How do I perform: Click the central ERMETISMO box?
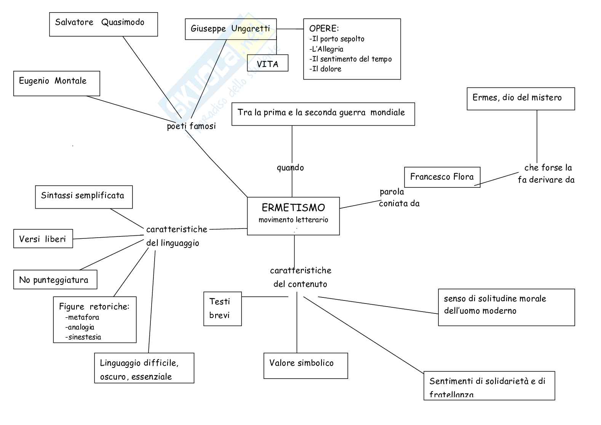tap(293, 216)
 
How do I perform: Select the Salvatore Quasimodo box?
tap(103, 24)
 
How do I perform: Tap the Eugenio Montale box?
tap(56, 83)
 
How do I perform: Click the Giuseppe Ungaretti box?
tap(230, 29)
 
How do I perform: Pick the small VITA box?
tap(267, 63)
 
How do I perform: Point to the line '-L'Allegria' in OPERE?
tap(326, 49)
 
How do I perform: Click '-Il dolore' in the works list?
tap(325, 69)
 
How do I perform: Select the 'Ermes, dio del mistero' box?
tap(520, 99)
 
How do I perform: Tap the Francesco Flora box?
tap(442, 177)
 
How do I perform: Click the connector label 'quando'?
tap(290, 168)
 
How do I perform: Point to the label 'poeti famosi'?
tap(191, 126)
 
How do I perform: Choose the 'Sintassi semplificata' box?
tap(83, 197)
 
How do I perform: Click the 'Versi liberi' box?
tap(43, 239)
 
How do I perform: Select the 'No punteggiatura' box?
tap(55, 280)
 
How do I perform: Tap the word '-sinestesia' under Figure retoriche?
tap(83, 337)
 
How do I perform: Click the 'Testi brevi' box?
tap(222, 308)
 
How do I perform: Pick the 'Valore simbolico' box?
tap(305, 365)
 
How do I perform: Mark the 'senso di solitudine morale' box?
tap(506, 307)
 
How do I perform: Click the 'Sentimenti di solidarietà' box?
tap(489, 385)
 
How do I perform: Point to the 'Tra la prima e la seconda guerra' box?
tap(323, 113)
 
